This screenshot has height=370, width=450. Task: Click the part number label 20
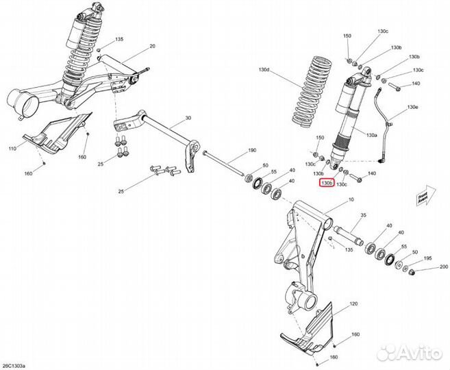click(x=152, y=46)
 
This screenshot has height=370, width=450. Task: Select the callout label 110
click(x=12, y=148)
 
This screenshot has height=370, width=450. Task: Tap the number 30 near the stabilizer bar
click(x=187, y=119)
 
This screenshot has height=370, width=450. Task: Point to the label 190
click(x=251, y=150)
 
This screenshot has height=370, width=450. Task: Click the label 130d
click(x=264, y=71)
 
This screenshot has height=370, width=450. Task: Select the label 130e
click(x=412, y=108)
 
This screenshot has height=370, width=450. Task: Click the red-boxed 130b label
click(x=327, y=184)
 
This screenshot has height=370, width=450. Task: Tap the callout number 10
click(x=352, y=200)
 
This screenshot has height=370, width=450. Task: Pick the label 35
click(x=363, y=215)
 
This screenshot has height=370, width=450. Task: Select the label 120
click(x=354, y=303)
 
